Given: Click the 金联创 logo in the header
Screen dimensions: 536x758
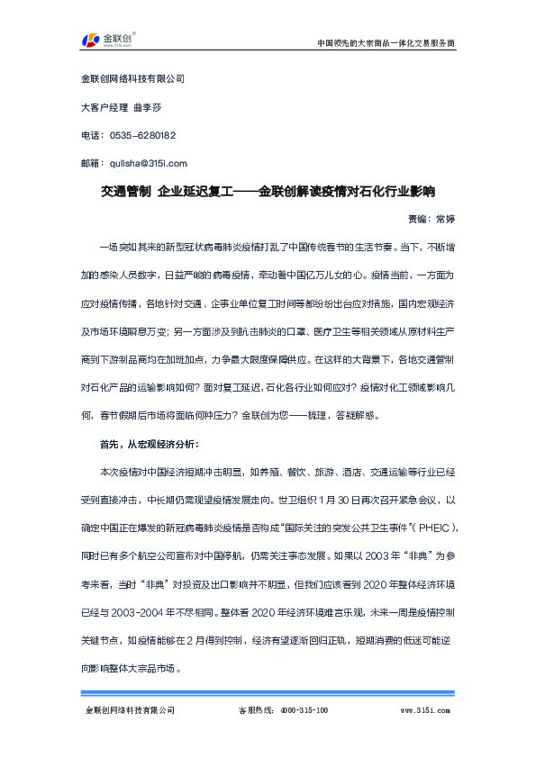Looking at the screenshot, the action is click(108, 41).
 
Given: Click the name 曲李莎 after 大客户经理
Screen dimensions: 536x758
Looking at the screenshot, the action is click(148, 106).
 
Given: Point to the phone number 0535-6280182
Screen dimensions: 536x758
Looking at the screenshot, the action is click(141, 135).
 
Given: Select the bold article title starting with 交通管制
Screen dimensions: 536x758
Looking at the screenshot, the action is click(268, 191).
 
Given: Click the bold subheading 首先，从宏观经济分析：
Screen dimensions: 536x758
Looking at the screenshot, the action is click(143, 444).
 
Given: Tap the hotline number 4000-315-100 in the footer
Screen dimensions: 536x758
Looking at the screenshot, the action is click(300, 710).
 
